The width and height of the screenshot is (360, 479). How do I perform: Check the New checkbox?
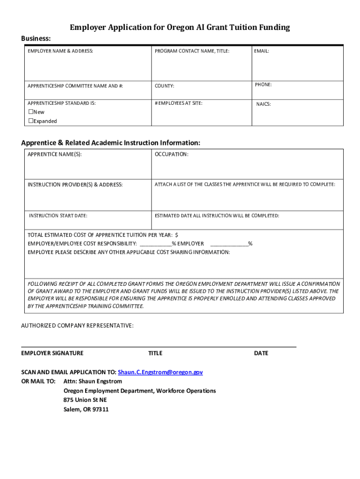[x=31, y=112]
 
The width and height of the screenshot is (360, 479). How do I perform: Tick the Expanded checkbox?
[x=31, y=121]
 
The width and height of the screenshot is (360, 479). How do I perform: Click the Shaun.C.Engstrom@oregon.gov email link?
[x=160, y=372]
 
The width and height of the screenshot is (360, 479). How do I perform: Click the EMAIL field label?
[x=261, y=51]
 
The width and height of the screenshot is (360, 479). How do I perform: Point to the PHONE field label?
[x=263, y=85]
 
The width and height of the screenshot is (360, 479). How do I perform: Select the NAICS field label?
[x=263, y=104]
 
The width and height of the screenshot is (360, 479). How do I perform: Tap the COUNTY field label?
[x=165, y=86]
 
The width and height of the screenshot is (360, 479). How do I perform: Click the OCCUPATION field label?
[x=172, y=154]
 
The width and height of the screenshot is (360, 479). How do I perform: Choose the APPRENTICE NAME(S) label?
[x=55, y=154]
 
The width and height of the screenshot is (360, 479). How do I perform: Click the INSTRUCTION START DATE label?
[x=58, y=216]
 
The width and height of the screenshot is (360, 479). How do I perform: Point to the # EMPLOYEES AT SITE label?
[x=179, y=103]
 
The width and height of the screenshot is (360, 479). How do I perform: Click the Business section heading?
[x=36, y=38]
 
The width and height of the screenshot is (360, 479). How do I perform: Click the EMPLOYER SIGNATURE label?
[x=52, y=353]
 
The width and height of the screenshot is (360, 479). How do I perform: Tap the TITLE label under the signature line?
[x=155, y=353]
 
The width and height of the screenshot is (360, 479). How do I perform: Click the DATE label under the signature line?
[x=261, y=353]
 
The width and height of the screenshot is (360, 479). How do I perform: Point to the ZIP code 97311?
[x=100, y=409]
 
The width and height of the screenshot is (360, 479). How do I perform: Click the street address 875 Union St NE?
[x=85, y=400]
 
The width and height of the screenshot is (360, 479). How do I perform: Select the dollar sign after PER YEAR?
[x=177, y=235]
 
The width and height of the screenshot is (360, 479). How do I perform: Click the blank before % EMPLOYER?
[x=155, y=243]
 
